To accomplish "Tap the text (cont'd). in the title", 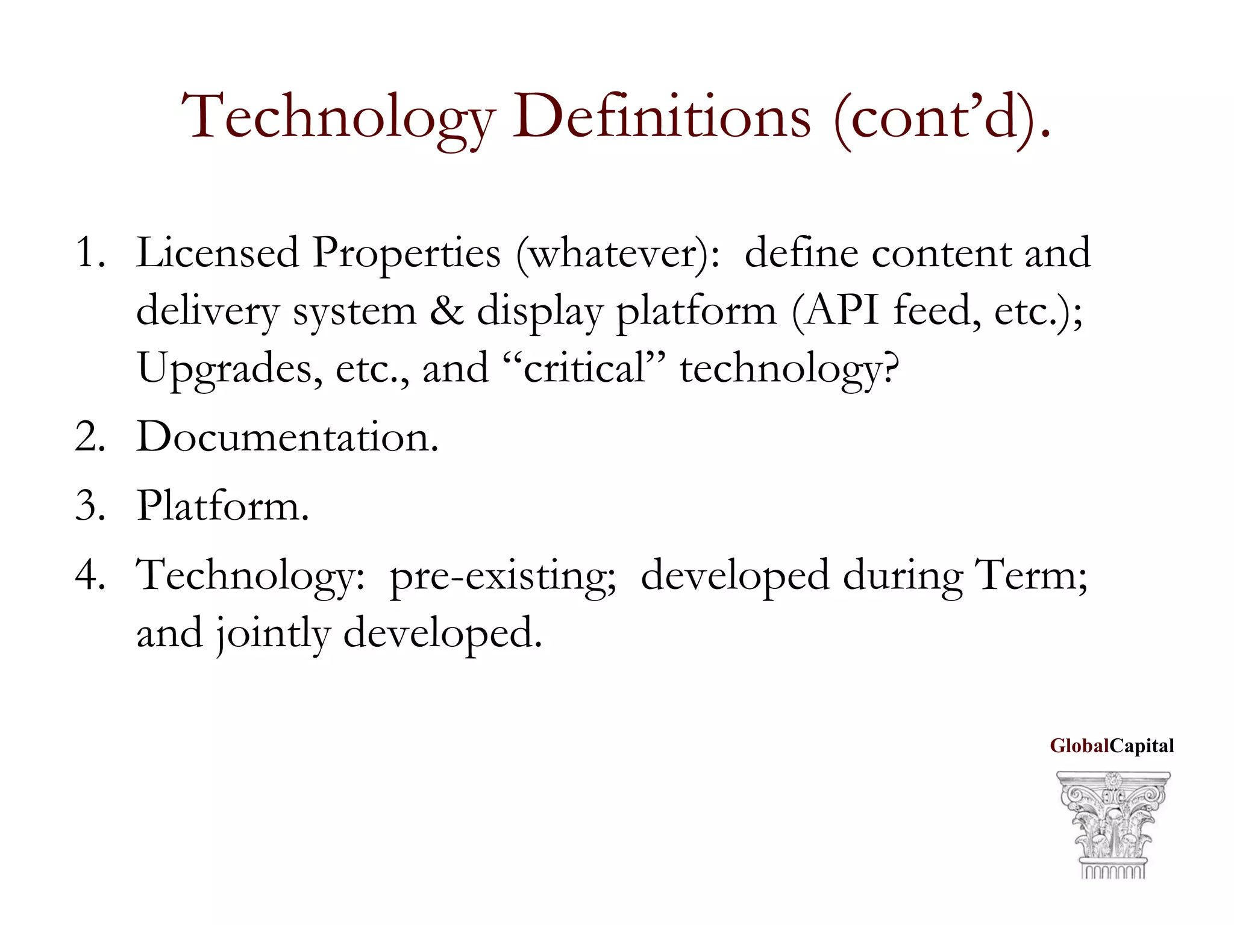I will click(x=942, y=117).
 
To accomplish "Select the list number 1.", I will click(x=90, y=252).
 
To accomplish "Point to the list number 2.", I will click(x=90, y=437).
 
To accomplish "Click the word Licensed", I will click(x=218, y=252).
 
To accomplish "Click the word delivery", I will click(x=207, y=312).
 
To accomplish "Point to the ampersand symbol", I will click(x=447, y=311).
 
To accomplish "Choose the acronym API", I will click(x=842, y=311).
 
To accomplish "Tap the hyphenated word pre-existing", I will click(x=503, y=576).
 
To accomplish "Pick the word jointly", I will click(x=274, y=634).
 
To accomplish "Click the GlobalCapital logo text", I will click(x=1112, y=746).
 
